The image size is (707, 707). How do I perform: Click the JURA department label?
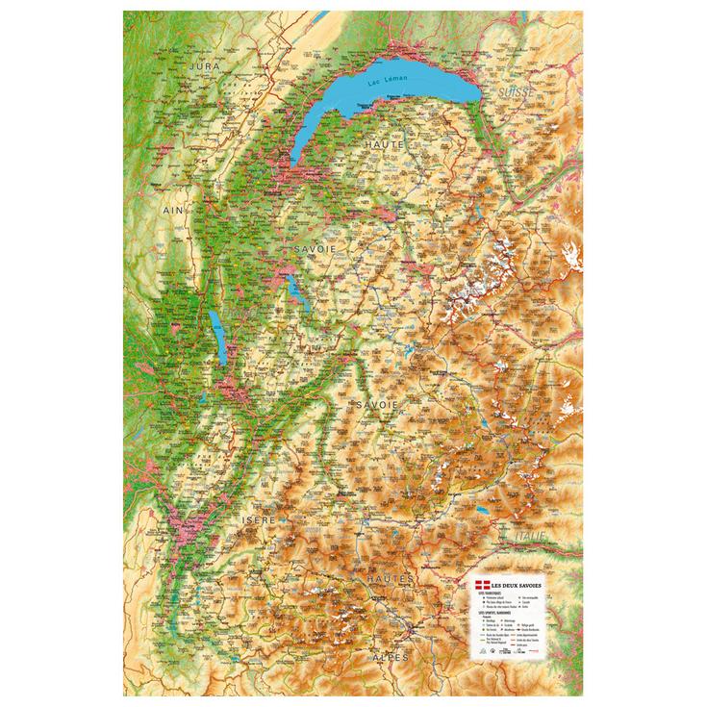coord(207,65)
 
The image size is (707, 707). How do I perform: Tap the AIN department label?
coord(173,209)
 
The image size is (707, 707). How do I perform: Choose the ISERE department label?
coord(259,519)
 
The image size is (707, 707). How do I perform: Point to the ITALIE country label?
coord(528,536)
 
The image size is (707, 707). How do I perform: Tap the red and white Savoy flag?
coord(482,586)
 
